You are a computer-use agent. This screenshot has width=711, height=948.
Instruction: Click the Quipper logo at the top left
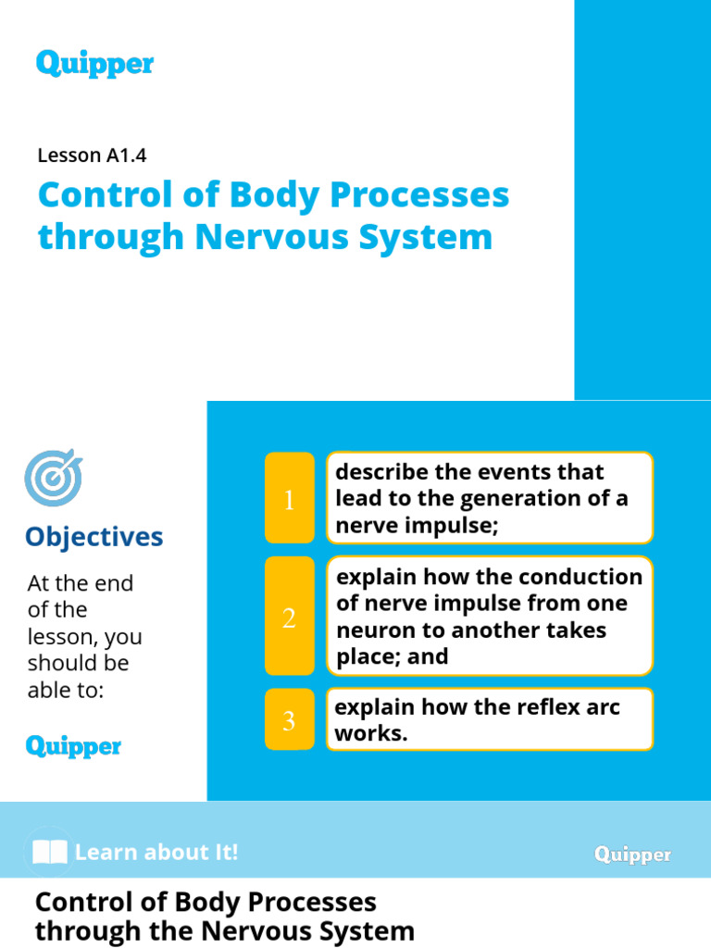[94, 64]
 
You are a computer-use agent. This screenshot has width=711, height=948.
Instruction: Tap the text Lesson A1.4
[92, 156]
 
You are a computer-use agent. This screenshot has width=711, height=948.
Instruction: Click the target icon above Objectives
[53, 478]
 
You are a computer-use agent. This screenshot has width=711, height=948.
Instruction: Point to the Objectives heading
[94, 537]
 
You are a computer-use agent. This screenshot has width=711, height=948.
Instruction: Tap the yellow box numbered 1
[289, 499]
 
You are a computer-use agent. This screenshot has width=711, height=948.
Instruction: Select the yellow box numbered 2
[289, 617]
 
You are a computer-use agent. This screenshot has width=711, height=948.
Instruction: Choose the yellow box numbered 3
[289, 720]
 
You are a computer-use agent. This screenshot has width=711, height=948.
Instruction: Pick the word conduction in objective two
[580, 577]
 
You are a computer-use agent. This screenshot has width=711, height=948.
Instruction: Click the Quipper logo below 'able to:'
[73, 746]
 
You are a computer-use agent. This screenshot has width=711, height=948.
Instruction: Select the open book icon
[49, 852]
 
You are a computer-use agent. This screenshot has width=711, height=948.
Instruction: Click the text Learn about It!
[156, 852]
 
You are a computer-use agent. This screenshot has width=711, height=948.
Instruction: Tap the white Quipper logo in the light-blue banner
[633, 854]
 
